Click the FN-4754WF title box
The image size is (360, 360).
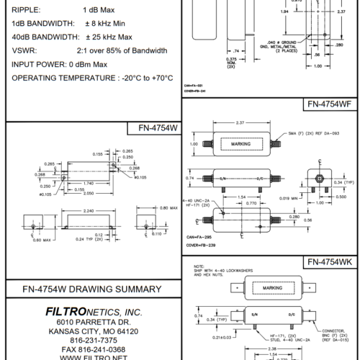point(329,104)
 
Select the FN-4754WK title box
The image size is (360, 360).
point(328,261)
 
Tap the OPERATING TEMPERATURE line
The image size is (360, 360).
point(92,77)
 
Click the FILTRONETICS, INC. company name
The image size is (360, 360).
point(93,311)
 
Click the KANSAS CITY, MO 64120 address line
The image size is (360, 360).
point(92,331)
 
